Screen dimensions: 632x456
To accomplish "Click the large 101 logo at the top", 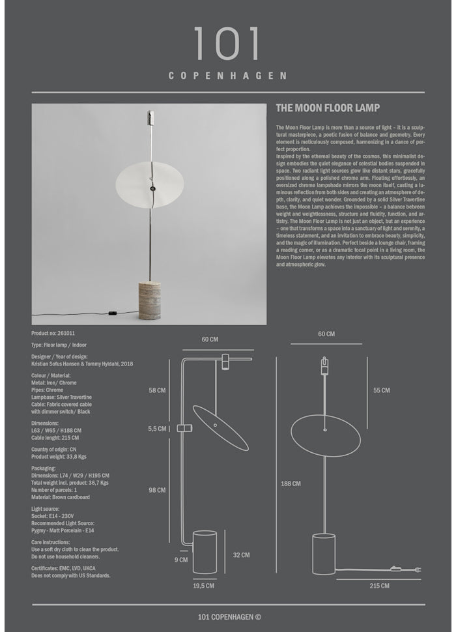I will pos(227,44).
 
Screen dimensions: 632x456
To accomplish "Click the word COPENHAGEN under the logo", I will pos(227,76).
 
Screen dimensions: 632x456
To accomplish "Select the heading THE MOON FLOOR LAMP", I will pos(328,108).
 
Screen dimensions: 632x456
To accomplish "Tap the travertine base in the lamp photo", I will pos(149,299).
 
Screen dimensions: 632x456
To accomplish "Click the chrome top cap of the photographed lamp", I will pos(150,118).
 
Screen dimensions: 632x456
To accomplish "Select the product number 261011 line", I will pos(53,333).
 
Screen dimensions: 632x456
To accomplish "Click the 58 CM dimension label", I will pos(157,390).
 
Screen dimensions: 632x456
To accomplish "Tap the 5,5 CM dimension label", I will pos(158,429).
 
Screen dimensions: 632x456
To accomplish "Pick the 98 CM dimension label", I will pos(157,490).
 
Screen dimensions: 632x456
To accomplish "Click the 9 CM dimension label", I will pos(182,559).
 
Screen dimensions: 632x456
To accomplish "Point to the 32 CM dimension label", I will pos(240,555).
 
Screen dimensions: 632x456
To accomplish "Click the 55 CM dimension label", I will pos(381,390).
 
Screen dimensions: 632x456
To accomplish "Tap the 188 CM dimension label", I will pos(291,483).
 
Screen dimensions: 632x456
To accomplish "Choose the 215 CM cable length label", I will pos(379,586).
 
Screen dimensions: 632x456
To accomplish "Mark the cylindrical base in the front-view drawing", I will pos(324,554).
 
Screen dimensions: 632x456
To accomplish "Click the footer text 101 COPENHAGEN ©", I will pos(229,617).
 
